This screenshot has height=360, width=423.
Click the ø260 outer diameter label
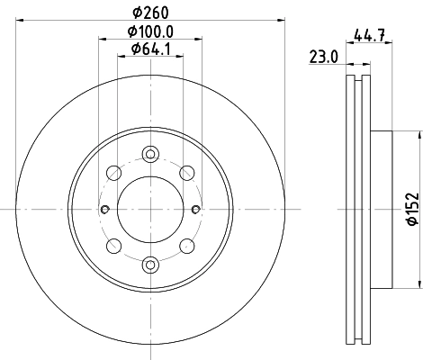[x=150, y=12]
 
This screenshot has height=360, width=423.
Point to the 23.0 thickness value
[x=322, y=56]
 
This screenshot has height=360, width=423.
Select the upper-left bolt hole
[x=113, y=173]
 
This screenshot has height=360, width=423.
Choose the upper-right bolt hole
[x=187, y=173]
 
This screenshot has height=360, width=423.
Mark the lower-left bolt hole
[x=113, y=247]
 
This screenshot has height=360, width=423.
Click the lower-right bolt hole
[x=187, y=247]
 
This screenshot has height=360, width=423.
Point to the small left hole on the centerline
[x=106, y=210]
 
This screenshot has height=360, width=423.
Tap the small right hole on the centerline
[x=194, y=210]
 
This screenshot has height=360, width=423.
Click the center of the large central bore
[x=150, y=210]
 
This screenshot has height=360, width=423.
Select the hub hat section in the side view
[x=382, y=210]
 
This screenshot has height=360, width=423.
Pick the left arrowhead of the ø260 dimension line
[x=20, y=21]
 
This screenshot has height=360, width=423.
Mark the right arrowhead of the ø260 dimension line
[x=281, y=21]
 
